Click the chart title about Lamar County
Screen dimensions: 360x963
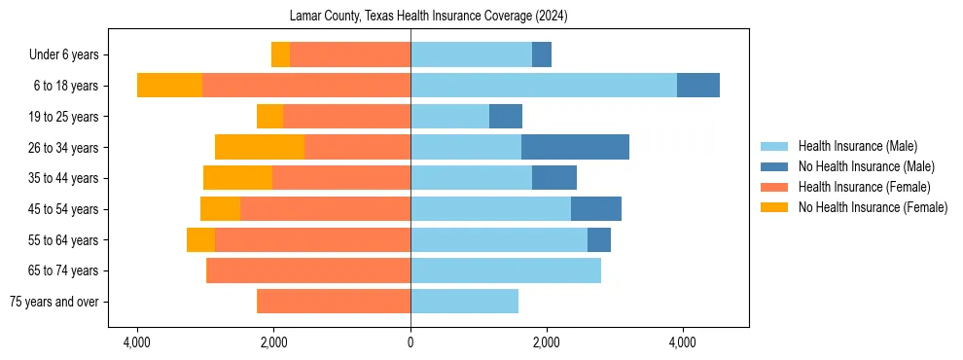(428, 17)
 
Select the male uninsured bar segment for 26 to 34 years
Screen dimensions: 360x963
(575, 147)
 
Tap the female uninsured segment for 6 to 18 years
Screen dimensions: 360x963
(169, 86)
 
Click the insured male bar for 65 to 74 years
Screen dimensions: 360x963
(506, 270)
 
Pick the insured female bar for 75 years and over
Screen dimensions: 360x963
(334, 302)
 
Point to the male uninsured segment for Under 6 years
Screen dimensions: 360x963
(542, 54)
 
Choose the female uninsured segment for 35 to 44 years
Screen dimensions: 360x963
(237, 178)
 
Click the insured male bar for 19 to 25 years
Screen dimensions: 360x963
(449, 117)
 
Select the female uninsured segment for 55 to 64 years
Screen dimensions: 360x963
(200, 239)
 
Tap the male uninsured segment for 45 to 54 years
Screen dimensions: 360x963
(595, 209)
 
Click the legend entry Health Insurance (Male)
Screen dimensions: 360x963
(857, 146)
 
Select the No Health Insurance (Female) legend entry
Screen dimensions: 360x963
(873, 207)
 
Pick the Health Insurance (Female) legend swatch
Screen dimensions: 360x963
(774, 187)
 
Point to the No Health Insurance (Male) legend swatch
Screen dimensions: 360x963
(774, 166)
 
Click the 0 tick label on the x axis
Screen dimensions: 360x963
(410, 342)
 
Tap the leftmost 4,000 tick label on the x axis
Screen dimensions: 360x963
(137, 342)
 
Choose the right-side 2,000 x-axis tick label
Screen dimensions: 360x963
(546, 342)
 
